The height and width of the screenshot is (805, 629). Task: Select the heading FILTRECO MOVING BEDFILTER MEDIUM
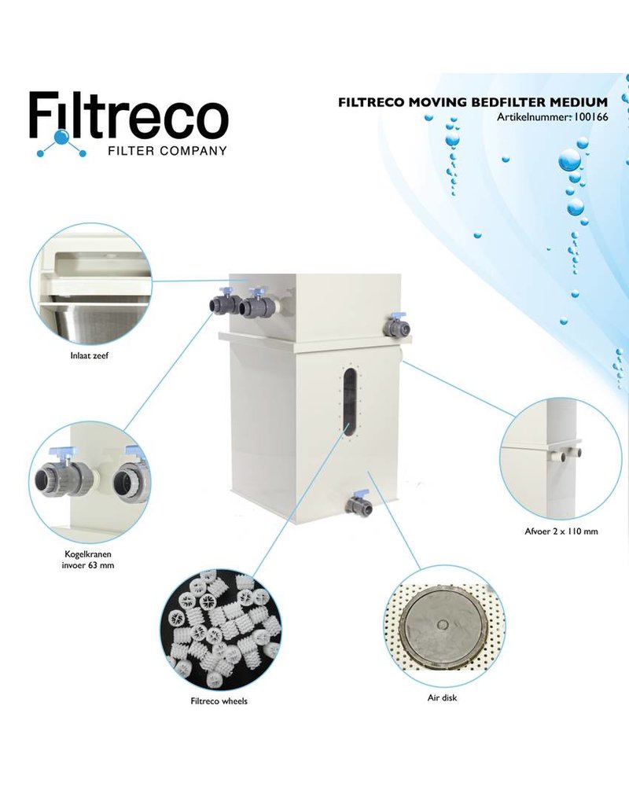[x=473, y=101]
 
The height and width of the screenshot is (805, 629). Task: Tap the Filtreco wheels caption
[x=219, y=701]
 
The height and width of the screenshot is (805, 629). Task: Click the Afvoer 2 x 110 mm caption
[x=561, y=531]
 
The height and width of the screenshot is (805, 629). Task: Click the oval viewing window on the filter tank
[x=347, y=401]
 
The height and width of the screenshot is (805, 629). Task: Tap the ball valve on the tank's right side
[x=397, y=324]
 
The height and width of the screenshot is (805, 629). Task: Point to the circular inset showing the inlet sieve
[x=90, y=285]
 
